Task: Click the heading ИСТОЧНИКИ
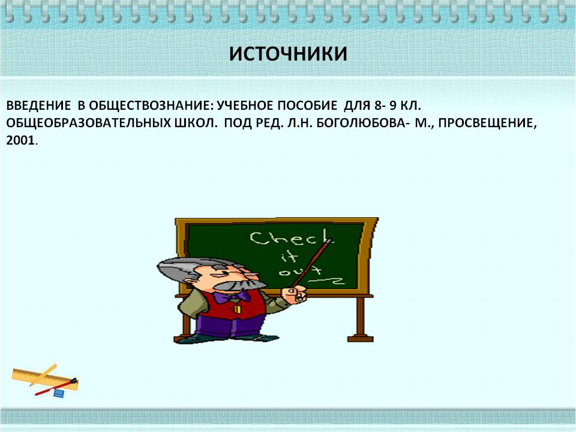click(288, 54)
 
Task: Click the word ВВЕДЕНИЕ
click(38, 106)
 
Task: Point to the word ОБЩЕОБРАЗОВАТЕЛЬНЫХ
click(88, 122)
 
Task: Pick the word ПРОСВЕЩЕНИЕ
click(487, 123)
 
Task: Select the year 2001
click(20, 140)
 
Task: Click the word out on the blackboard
click(300, 271)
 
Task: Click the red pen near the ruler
click(56, 387)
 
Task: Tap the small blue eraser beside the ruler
click(59, 393)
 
